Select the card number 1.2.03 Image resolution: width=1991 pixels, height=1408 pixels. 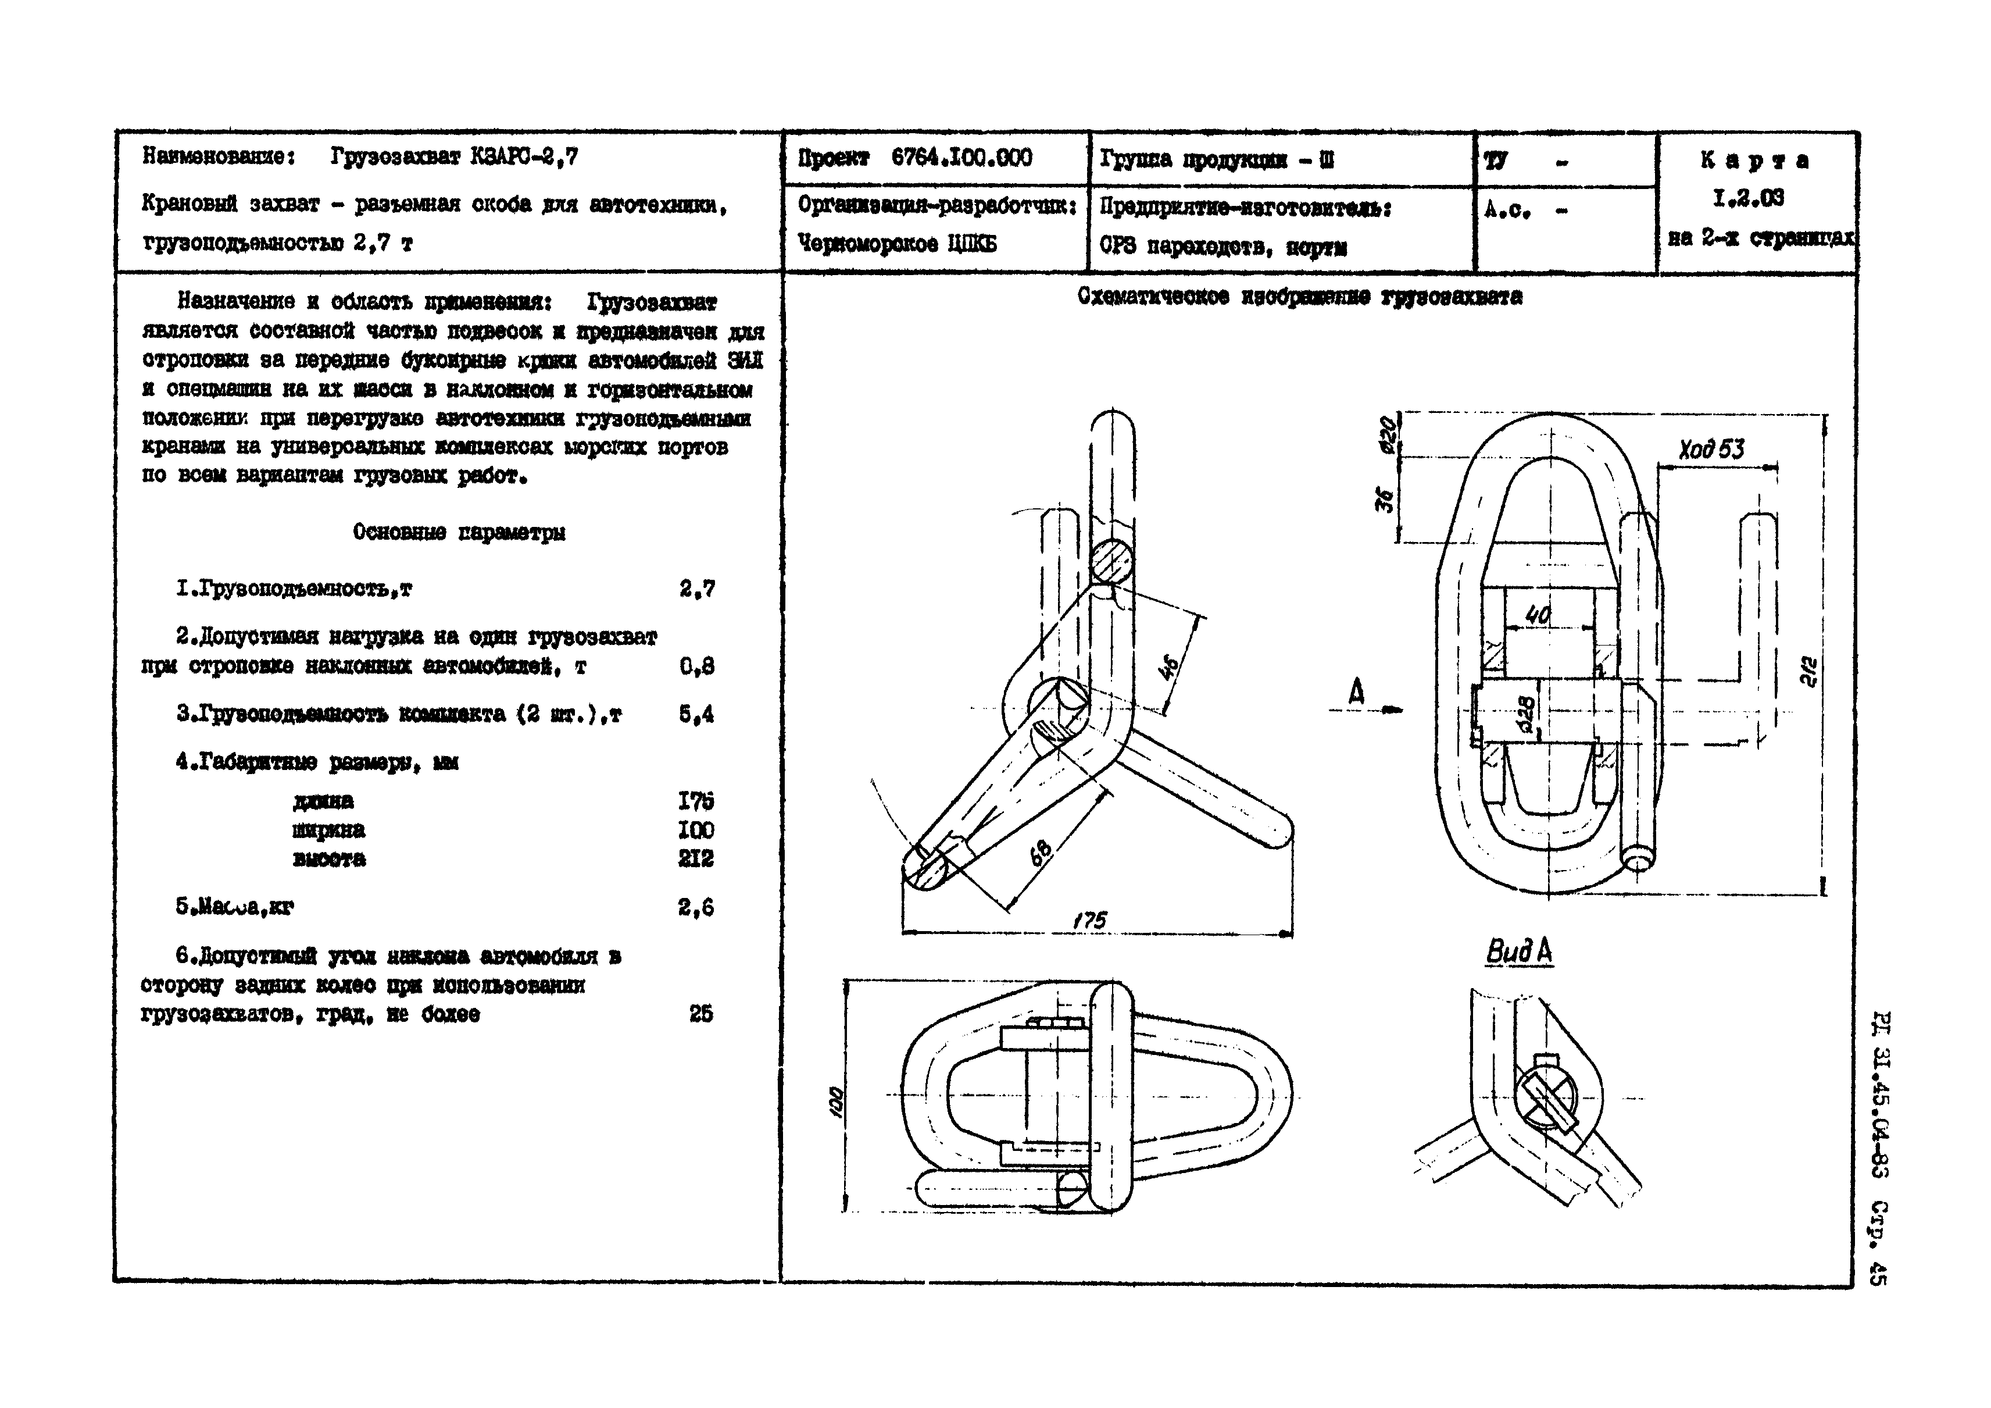click(x=1748, y=199)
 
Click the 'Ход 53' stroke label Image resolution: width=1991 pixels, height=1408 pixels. click(x=1711, y=450)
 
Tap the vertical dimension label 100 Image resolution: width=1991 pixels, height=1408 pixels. click(x=836, y=1102)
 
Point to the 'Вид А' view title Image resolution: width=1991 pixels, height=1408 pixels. click(x=1520, y=951)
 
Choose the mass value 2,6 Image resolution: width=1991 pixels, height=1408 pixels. click(x=696, y=907)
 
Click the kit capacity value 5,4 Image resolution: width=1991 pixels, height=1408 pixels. click(x=696, y=714)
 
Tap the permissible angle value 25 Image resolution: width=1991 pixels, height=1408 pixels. click(x=700, y=1013)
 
